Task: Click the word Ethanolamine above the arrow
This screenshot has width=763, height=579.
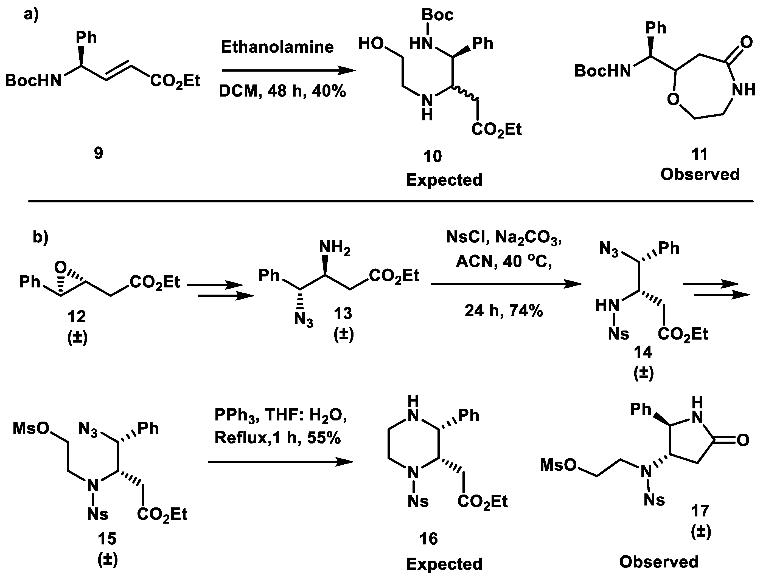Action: pos(277,47)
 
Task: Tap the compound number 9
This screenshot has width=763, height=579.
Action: pos(99,153)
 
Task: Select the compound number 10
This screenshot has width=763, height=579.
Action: pos(433,156)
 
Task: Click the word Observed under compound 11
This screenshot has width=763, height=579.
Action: pos(700,174)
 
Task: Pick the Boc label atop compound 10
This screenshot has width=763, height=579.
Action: pos(437,15)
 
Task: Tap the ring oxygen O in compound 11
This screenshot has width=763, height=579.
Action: pos(673,100)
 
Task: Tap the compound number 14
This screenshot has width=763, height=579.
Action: pos(643,352)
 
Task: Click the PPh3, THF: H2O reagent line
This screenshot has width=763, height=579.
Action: pos(280,415)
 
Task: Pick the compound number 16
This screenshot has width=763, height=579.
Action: pos(429,539)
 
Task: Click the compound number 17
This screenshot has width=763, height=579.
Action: pos(700,511)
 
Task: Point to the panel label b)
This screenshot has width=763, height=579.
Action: pos(41,237)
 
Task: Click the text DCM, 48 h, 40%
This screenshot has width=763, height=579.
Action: pos(282,92)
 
